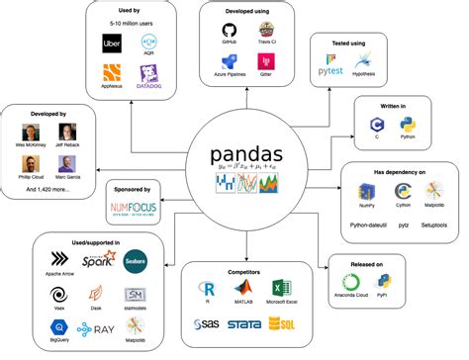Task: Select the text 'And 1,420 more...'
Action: coord(48,187)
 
